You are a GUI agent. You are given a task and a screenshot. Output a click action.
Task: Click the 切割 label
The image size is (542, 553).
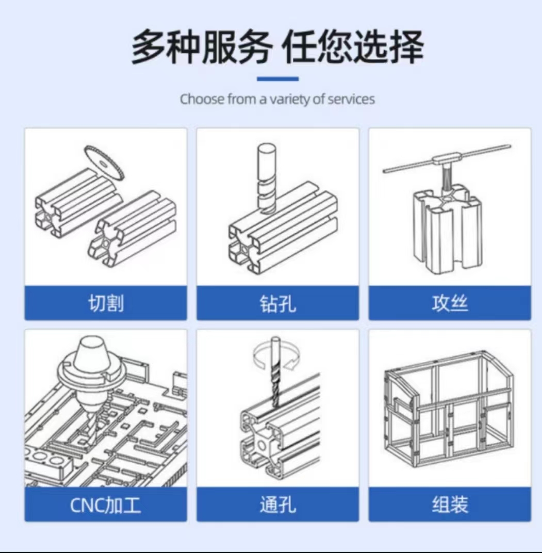[106, 303]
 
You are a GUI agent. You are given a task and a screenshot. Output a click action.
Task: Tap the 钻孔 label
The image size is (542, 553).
[277, 303]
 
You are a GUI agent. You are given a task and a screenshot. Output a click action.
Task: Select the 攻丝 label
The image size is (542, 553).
[450, 303]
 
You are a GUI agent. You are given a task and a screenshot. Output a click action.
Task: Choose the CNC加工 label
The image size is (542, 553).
[105, 505]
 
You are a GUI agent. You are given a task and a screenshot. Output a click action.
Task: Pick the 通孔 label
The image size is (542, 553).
[277, 505]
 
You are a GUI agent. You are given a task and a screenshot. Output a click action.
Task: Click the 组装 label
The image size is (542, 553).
[450, 505]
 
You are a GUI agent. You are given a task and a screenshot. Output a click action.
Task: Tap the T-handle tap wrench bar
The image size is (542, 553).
[447, 159]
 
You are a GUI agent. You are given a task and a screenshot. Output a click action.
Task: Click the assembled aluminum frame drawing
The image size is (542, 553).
[448, 409]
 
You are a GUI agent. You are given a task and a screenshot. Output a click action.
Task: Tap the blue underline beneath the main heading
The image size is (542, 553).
[277, 78]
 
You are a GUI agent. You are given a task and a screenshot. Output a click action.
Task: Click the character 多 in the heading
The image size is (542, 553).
[149, 47]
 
